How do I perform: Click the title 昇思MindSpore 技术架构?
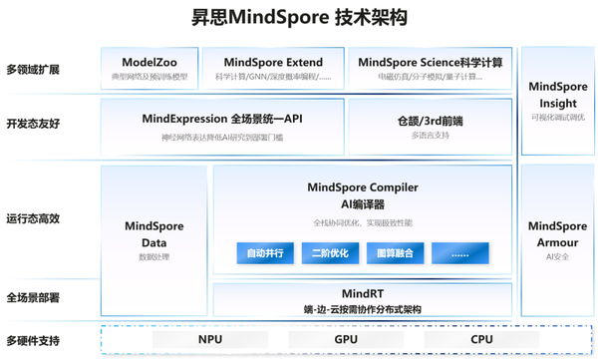[x=298, y=19]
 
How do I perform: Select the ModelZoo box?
[x=149, y=68]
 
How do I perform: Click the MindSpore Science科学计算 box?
[x=430, y=68]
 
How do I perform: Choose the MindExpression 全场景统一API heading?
[x=222, y=119]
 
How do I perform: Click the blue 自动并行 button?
[x=265, y=253]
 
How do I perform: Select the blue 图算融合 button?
[x=394, y=253]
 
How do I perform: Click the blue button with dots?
[x=458, y=253]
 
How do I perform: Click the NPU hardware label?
[x=209, y=340]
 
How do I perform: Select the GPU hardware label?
[x=346, y=340]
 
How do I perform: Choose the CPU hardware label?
[x=481, y=340]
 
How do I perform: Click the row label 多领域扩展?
[x=33, y=70]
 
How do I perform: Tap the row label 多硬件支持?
[x=33, y=341]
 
